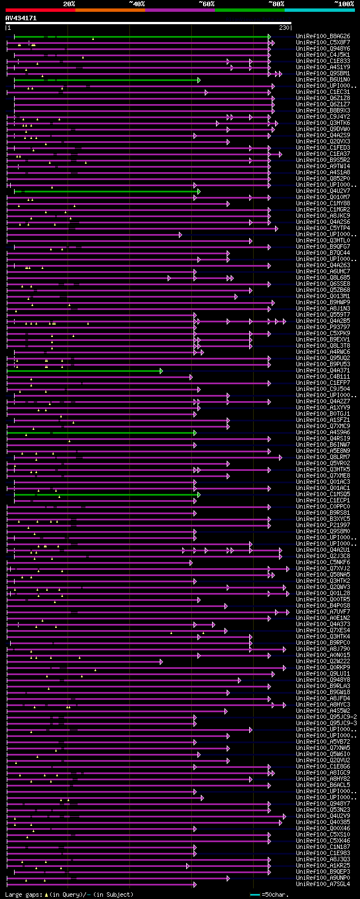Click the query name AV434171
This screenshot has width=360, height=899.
tap(21, 18)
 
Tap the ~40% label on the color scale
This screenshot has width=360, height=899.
tap(137, 4)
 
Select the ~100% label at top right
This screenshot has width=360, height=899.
tap(344, 4)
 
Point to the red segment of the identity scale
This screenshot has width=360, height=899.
tap(40, 10)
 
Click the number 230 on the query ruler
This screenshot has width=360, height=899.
tap(284, 28)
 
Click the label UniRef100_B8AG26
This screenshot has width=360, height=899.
tap(323, 36)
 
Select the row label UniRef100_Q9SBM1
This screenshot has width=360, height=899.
tap(323, 73)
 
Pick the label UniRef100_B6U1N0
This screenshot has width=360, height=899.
tap(323, 79)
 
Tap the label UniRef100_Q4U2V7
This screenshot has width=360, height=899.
tap(323, 191)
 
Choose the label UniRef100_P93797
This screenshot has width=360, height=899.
tap(323, 327)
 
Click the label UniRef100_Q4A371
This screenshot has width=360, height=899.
tap(323, 370)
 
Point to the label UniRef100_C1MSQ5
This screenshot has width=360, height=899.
tap(323, 494)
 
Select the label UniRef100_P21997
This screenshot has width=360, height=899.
tap(323, 525)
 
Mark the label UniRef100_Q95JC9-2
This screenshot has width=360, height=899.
tap(326, 717)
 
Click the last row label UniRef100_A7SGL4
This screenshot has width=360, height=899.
tap(323, 884)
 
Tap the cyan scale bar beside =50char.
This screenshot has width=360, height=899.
tap(255, 894)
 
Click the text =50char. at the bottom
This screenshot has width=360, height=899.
tap(276, 894)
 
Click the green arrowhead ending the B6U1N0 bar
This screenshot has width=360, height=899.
tap(199, 80)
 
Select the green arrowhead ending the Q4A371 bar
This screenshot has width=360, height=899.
tap(161, 371)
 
